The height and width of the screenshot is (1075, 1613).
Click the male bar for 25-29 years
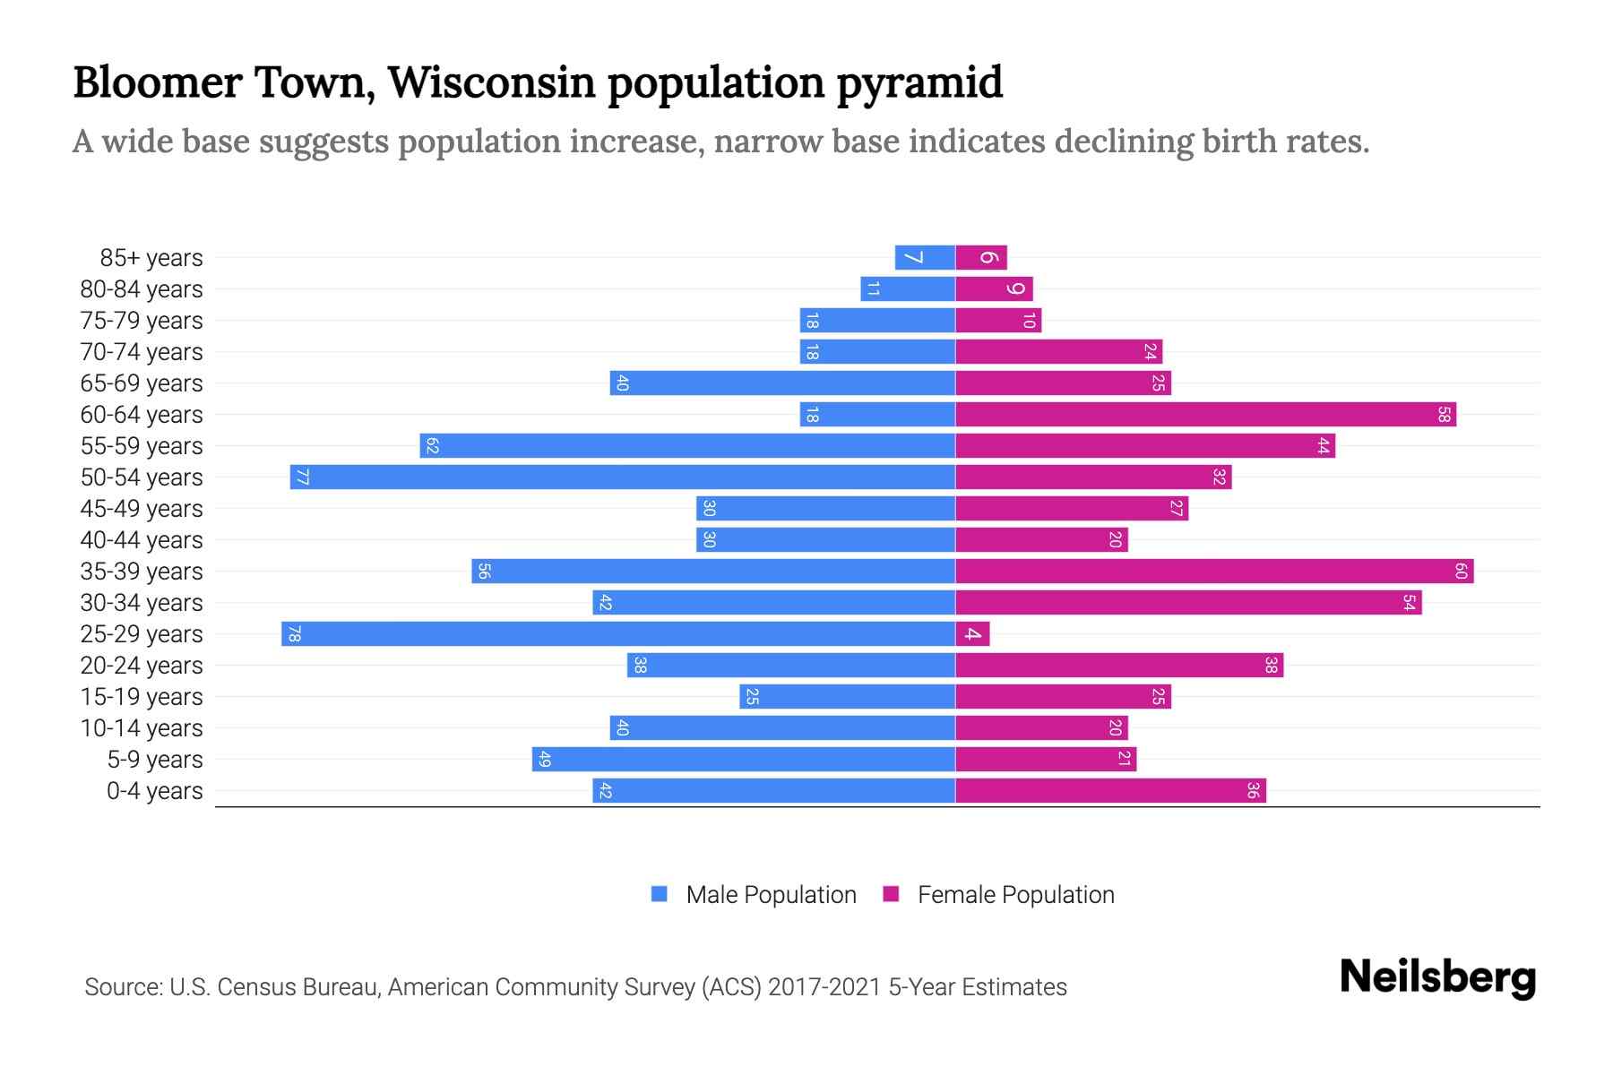[618, 634]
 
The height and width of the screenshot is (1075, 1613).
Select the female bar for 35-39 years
[1214, 572]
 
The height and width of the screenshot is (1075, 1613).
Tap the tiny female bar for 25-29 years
[972, 634]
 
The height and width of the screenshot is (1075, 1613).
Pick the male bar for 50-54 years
[623, 477]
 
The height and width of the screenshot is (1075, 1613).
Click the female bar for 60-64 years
[1205, 415]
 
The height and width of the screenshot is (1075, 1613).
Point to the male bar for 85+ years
[925, 258]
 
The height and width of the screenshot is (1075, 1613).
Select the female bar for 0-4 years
[1111, 791]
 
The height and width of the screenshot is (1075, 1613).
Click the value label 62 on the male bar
[432, 446]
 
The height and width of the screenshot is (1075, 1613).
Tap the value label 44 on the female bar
[1323, 446]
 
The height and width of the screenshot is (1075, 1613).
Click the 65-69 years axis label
[142, 383]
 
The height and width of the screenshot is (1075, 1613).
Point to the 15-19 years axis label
[142, 697]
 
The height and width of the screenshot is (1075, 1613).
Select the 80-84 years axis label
[142, 289]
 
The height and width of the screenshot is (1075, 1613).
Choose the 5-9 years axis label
[154, 760]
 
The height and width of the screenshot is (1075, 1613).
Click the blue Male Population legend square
[660, 894]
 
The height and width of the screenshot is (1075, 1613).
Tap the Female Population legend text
[1015, 895]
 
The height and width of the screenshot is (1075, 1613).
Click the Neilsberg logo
[1437, 976]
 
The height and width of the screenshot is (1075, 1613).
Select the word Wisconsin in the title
[491, 82]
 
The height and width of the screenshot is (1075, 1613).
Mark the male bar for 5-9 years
[744, 760]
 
